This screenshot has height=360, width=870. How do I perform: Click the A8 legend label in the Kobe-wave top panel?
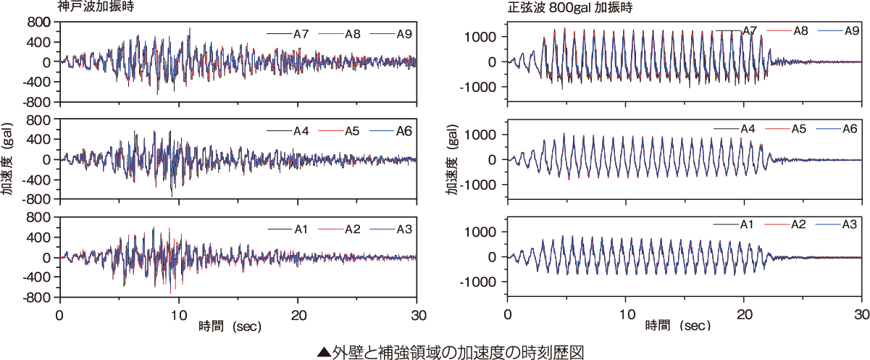point(353,33)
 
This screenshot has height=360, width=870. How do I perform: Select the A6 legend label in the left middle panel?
point(403,131)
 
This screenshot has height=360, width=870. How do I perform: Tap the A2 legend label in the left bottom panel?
point(353,229)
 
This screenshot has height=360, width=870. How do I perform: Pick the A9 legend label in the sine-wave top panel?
point(850,30)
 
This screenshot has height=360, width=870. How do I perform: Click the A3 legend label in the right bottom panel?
point(850,225)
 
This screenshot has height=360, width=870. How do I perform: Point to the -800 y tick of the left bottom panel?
point(38,297)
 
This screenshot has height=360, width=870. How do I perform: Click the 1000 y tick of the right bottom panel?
point(482,232)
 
